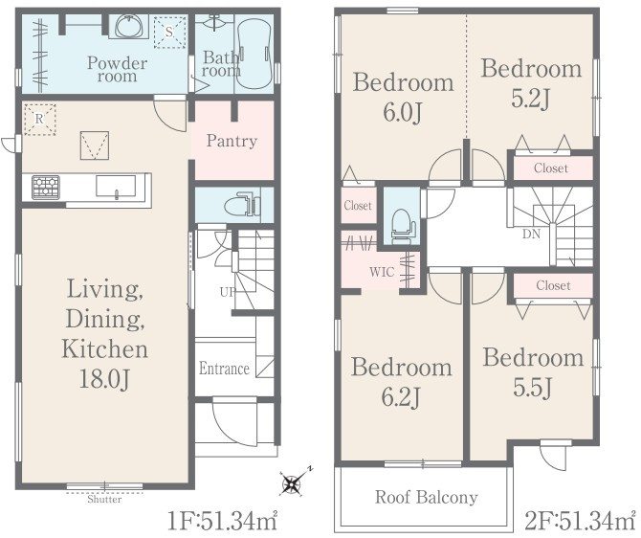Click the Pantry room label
232,141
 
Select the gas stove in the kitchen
46,188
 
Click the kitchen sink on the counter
116,187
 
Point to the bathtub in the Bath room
254,54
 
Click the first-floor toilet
242,204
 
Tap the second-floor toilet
402,226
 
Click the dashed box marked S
169,32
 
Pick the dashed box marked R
39,119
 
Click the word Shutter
104,500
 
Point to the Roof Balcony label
427,497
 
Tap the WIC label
382,272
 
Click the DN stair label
531,235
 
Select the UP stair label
228,292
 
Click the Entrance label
224,369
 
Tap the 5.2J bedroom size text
531,99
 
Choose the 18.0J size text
104,379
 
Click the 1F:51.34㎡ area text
223,521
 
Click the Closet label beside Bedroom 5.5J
553,285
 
